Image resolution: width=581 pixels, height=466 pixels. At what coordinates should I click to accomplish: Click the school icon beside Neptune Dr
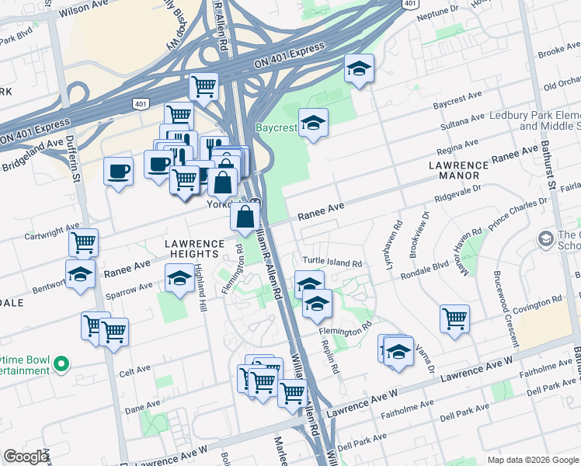(x=359, y=69)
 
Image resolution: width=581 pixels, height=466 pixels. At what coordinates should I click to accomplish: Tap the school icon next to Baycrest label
(x=313, y=123)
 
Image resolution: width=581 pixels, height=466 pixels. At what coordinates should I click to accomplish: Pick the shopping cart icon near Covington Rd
(x=454, y=318)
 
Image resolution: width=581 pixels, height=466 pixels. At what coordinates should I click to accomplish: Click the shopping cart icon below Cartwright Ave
(x=83, y=242)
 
